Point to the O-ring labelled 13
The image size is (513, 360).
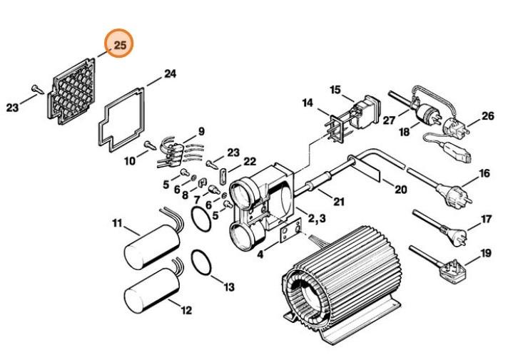pyautogui.click(x=203, y=264)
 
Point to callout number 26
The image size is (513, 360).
pyautogui.click(x=487, y=115)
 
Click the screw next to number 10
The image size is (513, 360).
pyautogui.click(x=149, y=145)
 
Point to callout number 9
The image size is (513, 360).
pyautogui.click(x=201, y=131)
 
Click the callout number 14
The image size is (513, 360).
pyautogui.click(x=308, y=103)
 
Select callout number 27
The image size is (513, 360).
pyautogui.click(x=389, y=120)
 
